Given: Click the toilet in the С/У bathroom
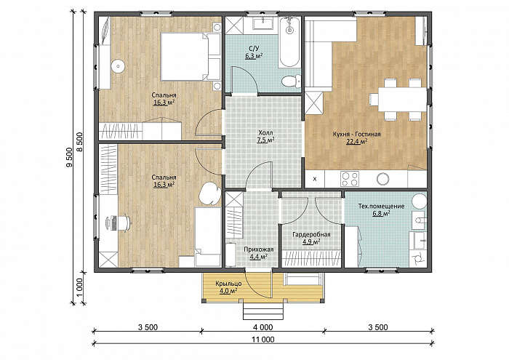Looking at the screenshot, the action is (291, 81).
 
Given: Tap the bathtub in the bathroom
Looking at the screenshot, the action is (289, 42).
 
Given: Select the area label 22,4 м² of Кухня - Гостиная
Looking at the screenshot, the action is (356, 141).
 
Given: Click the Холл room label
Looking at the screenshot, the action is (266, 133).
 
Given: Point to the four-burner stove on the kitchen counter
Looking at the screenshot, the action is (350, 179).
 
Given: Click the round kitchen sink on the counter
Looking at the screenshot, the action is (383, 179).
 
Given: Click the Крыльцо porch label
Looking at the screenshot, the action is (228, 284).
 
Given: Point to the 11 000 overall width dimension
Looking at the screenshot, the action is (263, 340).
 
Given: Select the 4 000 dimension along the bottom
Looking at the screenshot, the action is (262, 327).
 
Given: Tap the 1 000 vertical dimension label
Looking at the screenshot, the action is (81, 288).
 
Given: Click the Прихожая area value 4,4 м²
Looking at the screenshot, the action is (258, 257).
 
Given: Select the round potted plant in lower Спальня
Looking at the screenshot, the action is (209, 194).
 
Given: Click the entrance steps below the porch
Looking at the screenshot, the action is (263, 311).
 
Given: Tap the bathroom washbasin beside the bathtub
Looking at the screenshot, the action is (263, 24).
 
